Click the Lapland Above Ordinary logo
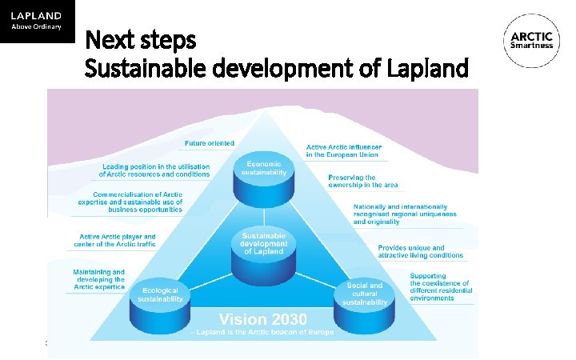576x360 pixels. tap(37, 21)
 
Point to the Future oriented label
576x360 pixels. tap(210, 143)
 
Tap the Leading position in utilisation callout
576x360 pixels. tap(154, 170)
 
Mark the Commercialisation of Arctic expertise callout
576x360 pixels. tap(138, 202)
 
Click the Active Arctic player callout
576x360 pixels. tap(114, 240)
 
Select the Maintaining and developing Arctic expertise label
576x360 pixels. tap(98, 279)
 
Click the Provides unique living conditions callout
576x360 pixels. tap(420, 251)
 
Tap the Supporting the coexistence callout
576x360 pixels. tap(442, 286)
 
